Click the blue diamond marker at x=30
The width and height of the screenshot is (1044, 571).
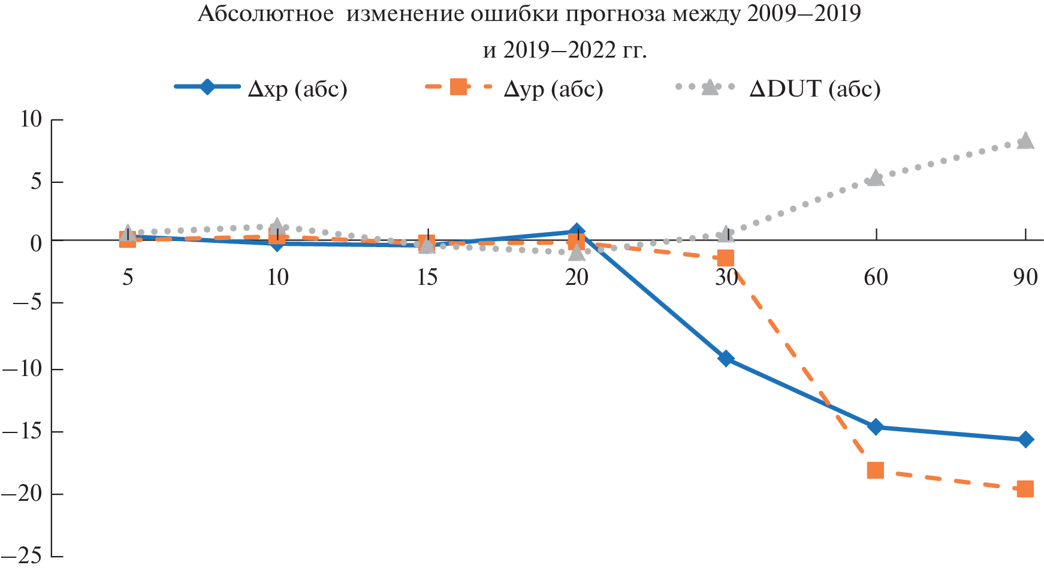coord(726,359)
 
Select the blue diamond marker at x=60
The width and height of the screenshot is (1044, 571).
coord(876,427)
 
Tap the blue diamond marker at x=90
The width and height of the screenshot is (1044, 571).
coord(1025,440)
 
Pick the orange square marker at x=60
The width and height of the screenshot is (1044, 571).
coord(876,470)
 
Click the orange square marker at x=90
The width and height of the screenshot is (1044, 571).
coord(1025,489)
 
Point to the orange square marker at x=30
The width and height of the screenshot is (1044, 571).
coord(726,258)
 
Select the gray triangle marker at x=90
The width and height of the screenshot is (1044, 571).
coord(1025,140)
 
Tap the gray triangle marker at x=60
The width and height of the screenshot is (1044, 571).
coord(876,178)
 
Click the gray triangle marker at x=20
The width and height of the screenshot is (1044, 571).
coord(577,253)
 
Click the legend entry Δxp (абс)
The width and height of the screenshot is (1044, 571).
coord(297,89)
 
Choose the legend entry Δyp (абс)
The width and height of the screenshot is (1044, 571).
coord(553,89)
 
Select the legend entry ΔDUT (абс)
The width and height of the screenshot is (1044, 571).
coord(814,89)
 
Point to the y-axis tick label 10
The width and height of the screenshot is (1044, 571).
coord(31,119)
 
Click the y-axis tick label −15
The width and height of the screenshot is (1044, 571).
coord(23,432)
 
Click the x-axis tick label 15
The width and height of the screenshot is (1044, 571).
coord(427,277)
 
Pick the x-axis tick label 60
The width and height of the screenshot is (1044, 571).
coord(876,277)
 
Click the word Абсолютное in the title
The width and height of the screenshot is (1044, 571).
coord(265,13)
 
